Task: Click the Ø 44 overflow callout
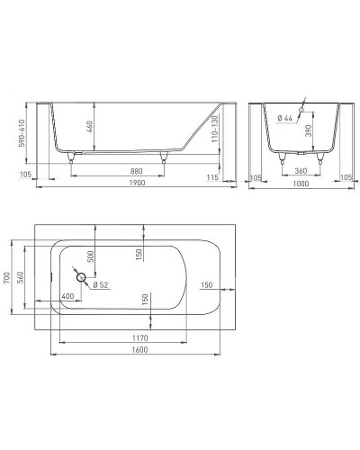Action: [286, 118]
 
